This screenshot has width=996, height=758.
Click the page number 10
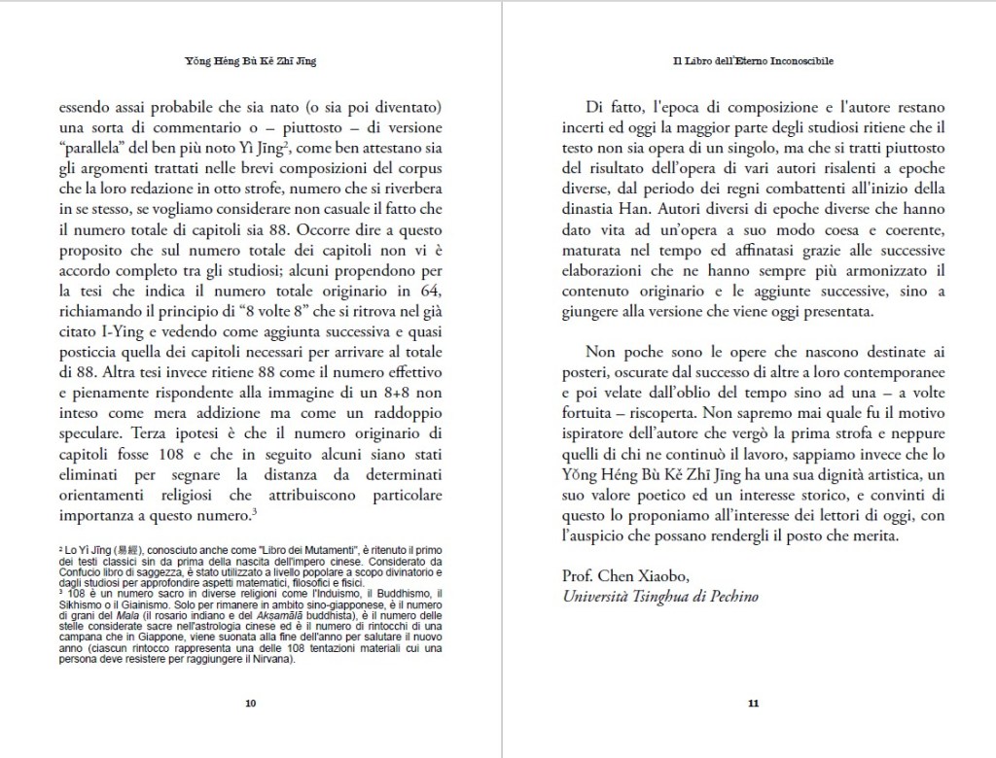pos(251,704)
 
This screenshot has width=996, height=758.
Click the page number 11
pos(753,704)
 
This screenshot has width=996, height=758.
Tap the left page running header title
pos(251,61)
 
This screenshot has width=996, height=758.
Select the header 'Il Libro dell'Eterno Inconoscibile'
pos(753,61)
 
